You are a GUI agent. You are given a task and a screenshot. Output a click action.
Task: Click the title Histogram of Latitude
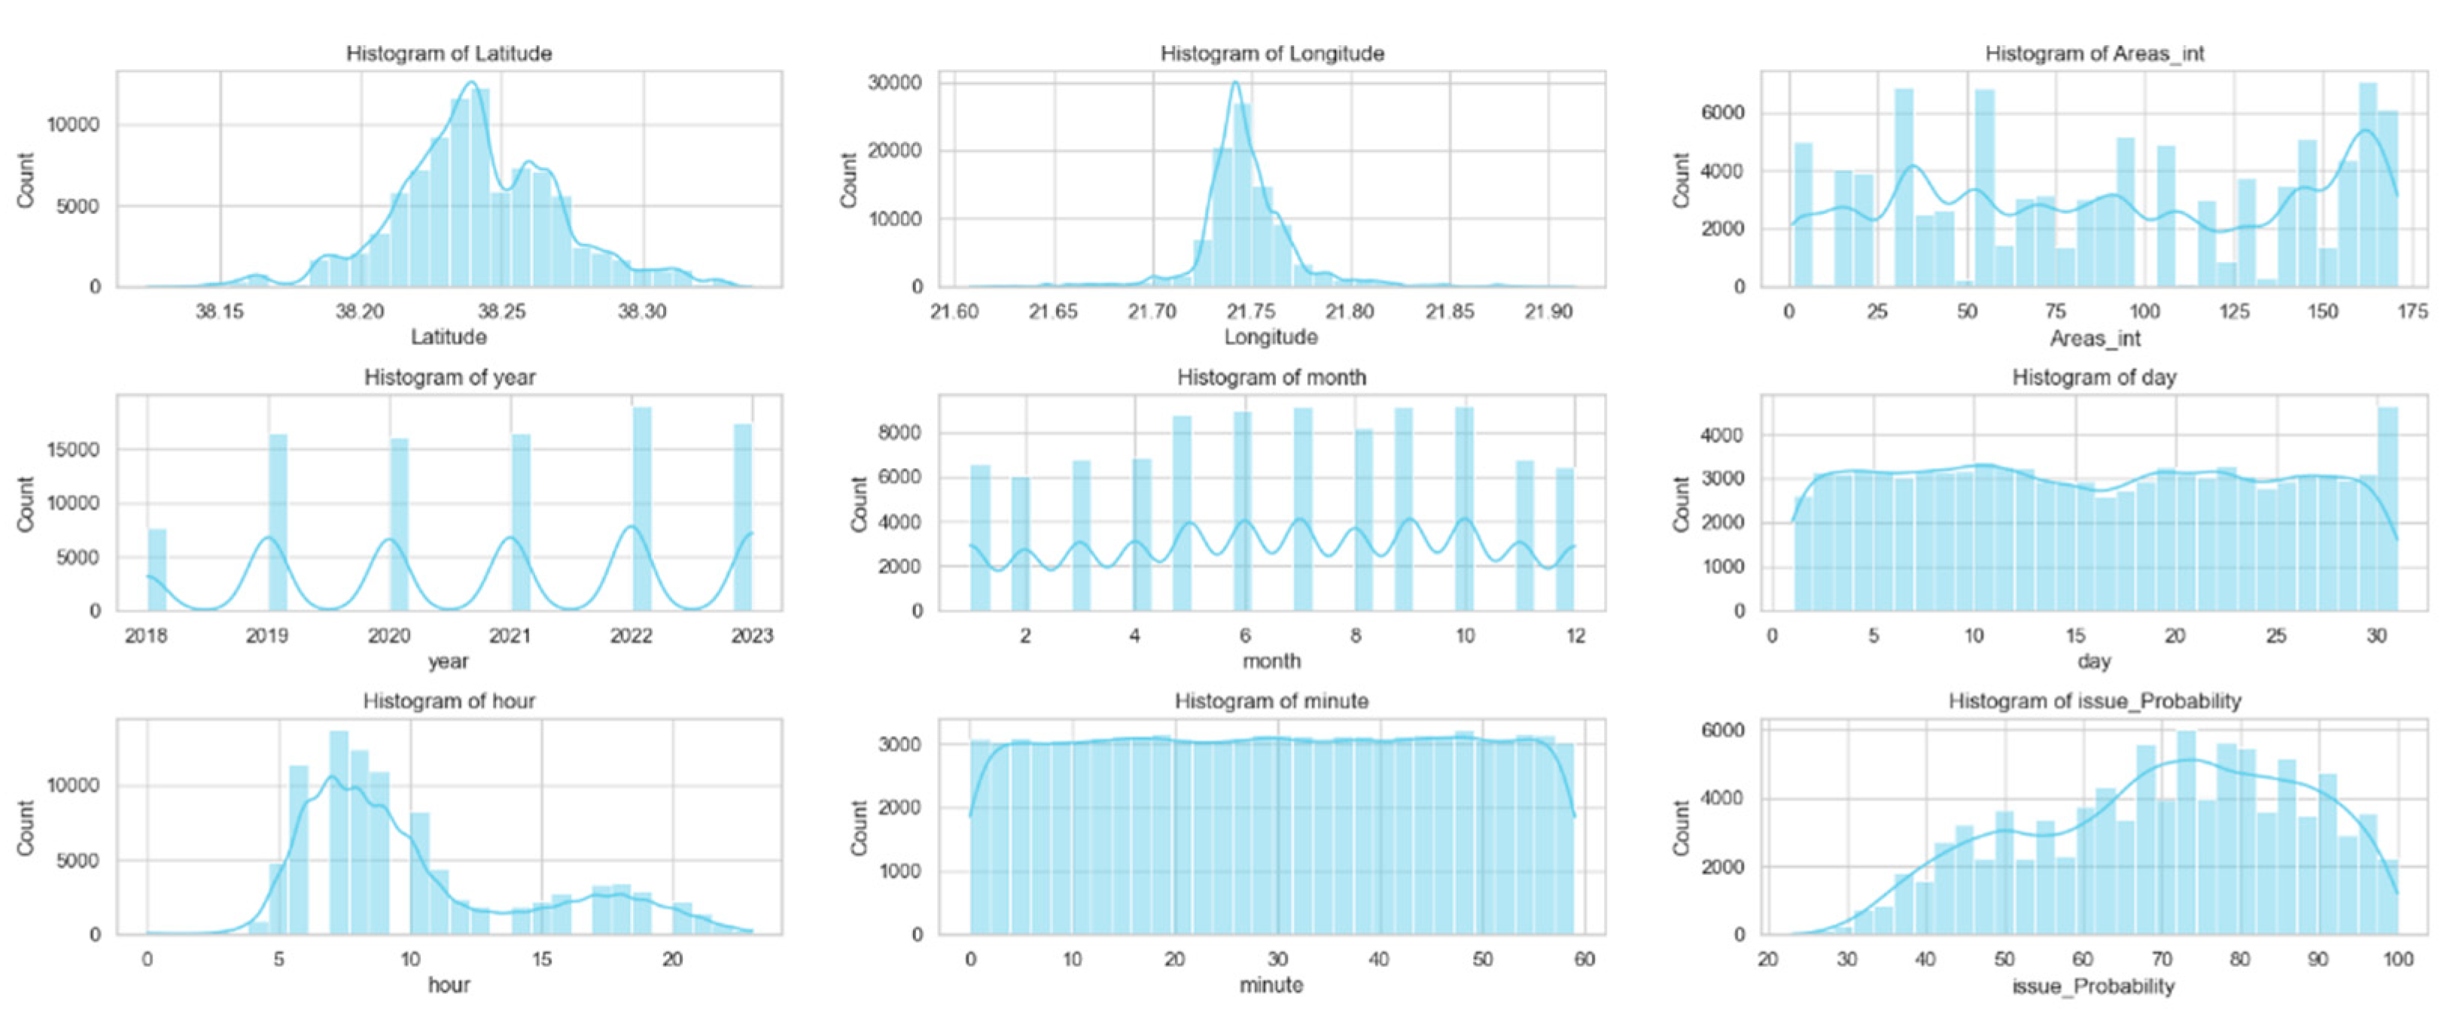tap(449, 53)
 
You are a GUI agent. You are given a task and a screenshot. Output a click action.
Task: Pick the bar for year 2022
tap(642, 509)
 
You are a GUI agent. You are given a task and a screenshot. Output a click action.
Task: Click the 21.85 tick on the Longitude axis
tap(1450, 312)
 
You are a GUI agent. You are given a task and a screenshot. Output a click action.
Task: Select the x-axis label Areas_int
tap(2094, 338)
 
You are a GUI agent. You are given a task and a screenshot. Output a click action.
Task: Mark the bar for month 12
tap(1565, 539)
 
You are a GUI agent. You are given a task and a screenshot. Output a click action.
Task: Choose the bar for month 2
tap(1020, 543)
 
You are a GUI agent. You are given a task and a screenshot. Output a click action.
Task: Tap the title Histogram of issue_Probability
tap(2094, 702)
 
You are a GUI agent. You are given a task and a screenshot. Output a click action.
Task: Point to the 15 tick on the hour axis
tap(541, 959)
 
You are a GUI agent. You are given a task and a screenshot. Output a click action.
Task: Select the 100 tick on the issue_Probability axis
tap(2397, 959)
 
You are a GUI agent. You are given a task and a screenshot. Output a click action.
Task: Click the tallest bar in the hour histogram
tap(339, 832)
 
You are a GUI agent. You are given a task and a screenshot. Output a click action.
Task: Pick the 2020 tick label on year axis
tap(388, 635)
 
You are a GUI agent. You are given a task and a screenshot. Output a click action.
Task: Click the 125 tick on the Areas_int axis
tap(2234, 312)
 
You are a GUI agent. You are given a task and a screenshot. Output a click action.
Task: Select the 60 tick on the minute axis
tap(1584, 959)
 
